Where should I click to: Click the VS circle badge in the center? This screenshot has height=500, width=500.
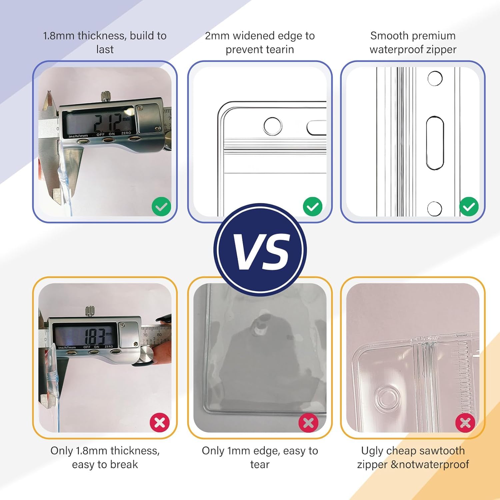[260, 250]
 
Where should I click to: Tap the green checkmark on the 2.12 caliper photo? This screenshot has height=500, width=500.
[161, 207]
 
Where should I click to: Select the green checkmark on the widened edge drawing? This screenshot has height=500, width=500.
[313, 207]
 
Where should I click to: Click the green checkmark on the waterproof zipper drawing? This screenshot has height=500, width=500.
[469, 207]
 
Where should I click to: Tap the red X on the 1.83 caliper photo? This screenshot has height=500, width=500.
[160, 422]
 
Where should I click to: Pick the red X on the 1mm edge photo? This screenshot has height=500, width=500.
[308, 422]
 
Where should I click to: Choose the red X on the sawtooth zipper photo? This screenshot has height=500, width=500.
[465, 422]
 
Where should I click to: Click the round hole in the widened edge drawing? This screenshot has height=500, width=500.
[273, 126]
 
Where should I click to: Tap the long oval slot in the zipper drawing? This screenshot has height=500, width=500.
[435, 143]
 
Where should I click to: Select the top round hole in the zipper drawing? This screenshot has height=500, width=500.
[435, 79]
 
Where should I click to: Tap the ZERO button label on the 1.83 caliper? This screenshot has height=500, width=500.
[109, 347]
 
